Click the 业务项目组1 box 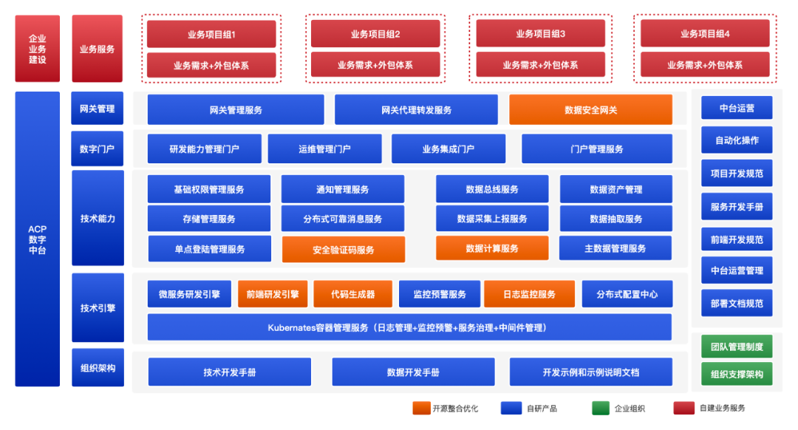click(211, 34)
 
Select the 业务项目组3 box click(540, 34)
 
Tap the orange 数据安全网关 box click(590, 110)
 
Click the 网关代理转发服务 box click(416, 110)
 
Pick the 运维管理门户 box click(324, 149)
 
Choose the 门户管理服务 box click(596, 149)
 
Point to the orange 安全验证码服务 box click(343, 250)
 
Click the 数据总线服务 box click(491, 189)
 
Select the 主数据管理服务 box click(615, 248)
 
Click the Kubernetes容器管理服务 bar click(409, 327)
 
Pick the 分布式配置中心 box click(627, 294)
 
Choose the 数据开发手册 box click(413, 372)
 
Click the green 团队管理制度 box click(736, 346)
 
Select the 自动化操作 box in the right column click(736, 140)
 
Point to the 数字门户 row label click(98, 148)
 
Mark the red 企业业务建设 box click(37, 49)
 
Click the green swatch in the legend click(601, 408)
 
